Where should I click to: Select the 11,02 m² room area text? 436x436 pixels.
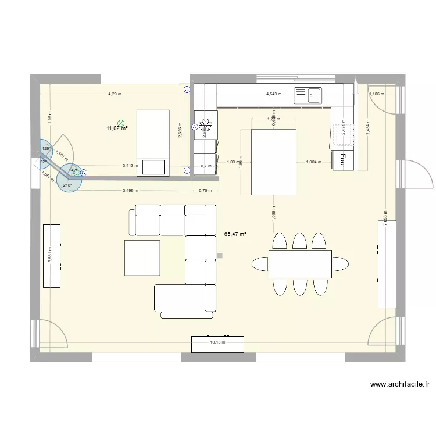tap(117, 129)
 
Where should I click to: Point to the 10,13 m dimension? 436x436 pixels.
tap(217, 342)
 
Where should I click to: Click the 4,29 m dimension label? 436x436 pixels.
tap(115, 94)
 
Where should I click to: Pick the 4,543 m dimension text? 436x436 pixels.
tap(273, 94)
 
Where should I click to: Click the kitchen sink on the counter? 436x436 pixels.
tap(308, 95)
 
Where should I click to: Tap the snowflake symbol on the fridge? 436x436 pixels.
tap(205, 124)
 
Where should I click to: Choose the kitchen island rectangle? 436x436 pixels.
tap(273, 162)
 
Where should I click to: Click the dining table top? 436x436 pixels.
tap(300, 265)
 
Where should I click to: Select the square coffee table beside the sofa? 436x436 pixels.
tap(142, 258)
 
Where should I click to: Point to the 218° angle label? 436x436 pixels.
tap(67, 185)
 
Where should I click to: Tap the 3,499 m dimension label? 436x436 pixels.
tap(131, 190)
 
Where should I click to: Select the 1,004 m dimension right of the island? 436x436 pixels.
tap(306, 162)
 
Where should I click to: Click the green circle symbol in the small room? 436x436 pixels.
tap(120, 123)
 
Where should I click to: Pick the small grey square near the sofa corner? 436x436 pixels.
tap(219, 255)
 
